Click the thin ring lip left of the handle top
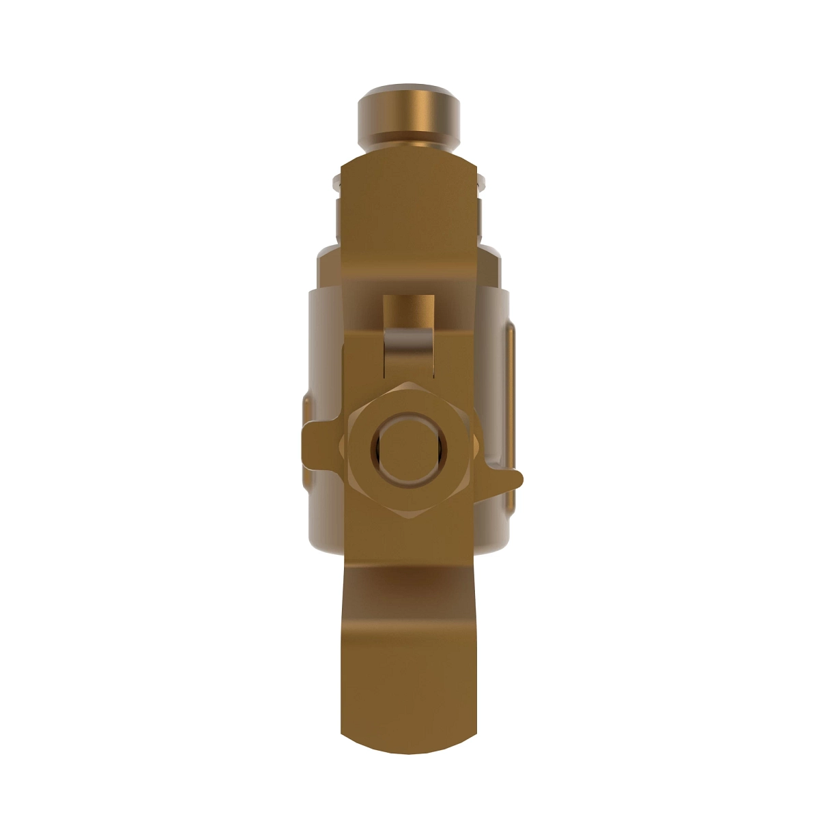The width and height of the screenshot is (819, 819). pos(335,181)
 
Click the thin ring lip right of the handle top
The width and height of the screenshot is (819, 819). pos(482,181)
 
